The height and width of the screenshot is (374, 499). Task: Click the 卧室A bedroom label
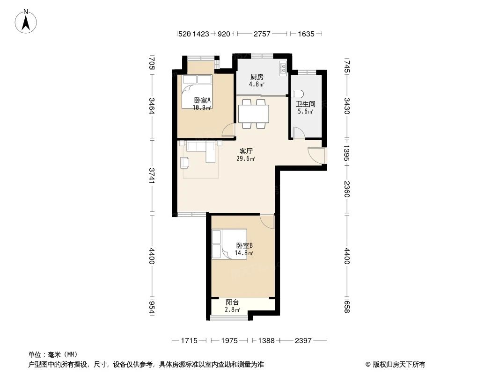pos(202,100)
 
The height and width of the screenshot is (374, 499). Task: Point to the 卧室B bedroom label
pos(244,245)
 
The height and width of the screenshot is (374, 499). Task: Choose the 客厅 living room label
pos(246,151)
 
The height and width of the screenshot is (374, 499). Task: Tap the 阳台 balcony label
pos(233,302)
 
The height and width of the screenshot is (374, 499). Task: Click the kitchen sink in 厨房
pos(283,69)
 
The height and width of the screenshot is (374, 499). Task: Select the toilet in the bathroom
pos(297,92)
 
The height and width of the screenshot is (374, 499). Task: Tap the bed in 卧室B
pos(228,244)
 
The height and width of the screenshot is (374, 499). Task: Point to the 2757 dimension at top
pos(262,34)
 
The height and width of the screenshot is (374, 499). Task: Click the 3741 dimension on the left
pos(151,177)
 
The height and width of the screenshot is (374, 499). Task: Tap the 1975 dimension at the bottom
pos(230,341)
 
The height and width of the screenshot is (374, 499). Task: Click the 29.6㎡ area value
pos(246,159)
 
